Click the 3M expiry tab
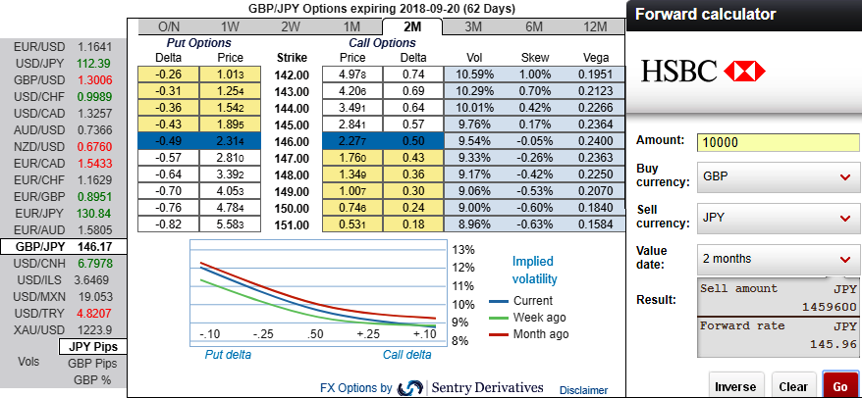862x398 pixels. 472,26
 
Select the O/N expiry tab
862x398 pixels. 169,26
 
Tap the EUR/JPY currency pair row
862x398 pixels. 64,212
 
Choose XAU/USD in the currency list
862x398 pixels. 64,329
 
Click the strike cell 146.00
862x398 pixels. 293,141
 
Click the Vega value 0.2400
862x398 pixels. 595,141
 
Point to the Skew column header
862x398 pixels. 535,57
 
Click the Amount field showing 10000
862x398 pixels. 777,141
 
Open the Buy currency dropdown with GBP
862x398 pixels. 777,176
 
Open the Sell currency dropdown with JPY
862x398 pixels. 777,216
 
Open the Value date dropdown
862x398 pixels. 777,259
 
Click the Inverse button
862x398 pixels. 734,385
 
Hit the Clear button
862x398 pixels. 793,385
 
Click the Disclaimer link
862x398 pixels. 583,389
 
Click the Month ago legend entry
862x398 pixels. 539,334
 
